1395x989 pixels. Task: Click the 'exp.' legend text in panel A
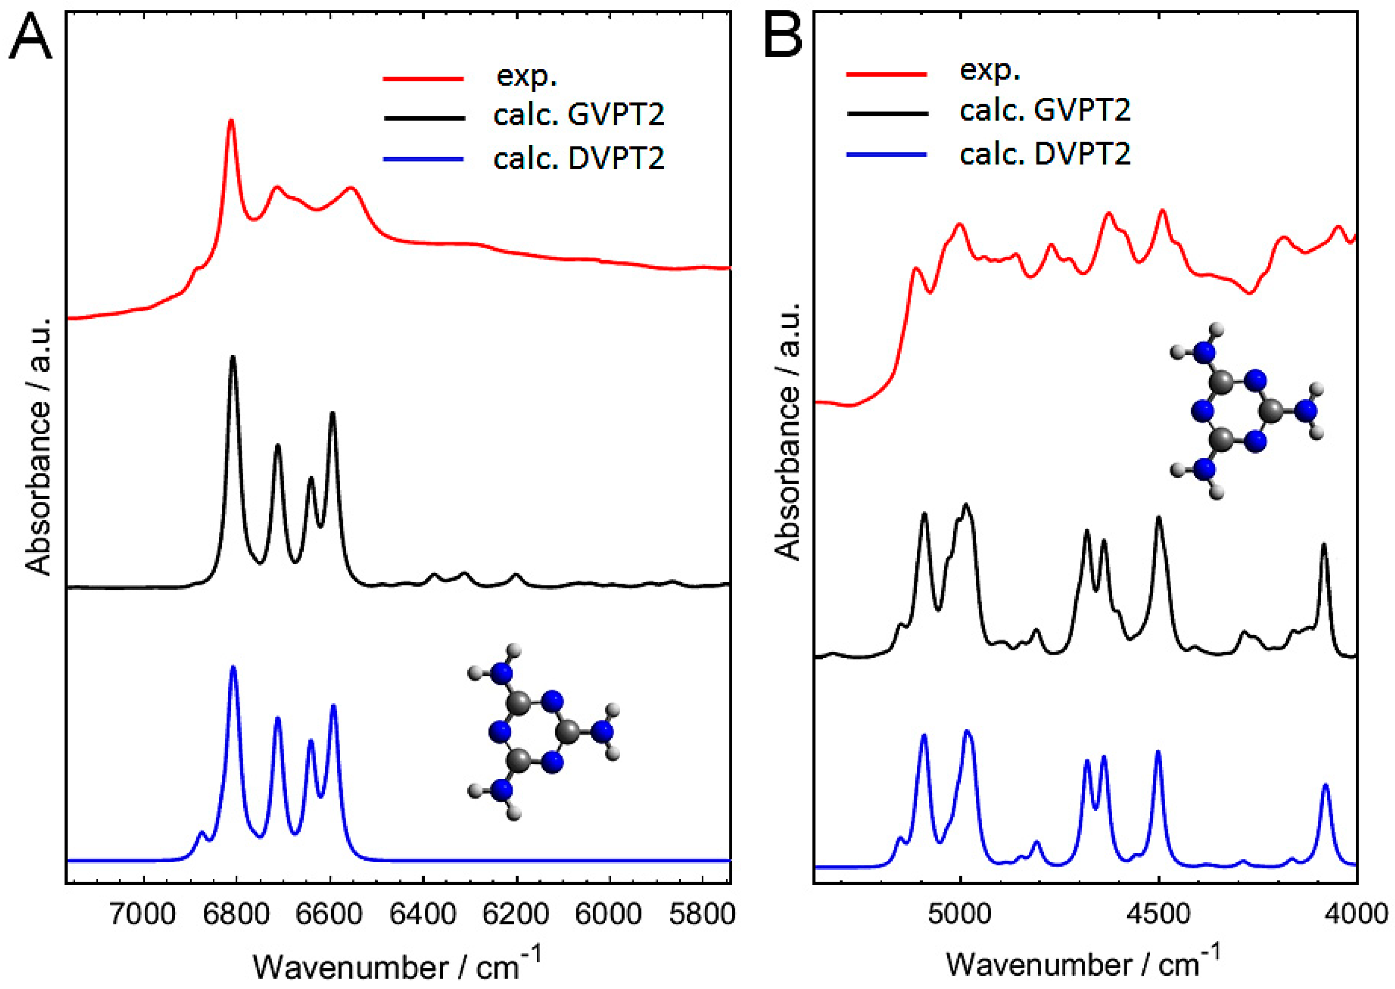coord(526,76)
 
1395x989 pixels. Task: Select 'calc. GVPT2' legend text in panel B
coord(1045,110)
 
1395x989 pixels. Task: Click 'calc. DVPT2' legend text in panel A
coord(579,159)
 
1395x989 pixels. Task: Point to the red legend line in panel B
coord(886,74)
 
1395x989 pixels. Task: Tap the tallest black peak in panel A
coord(232,359)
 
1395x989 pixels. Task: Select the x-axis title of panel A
coord(397,966)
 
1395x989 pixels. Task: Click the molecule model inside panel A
coord(541,732)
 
